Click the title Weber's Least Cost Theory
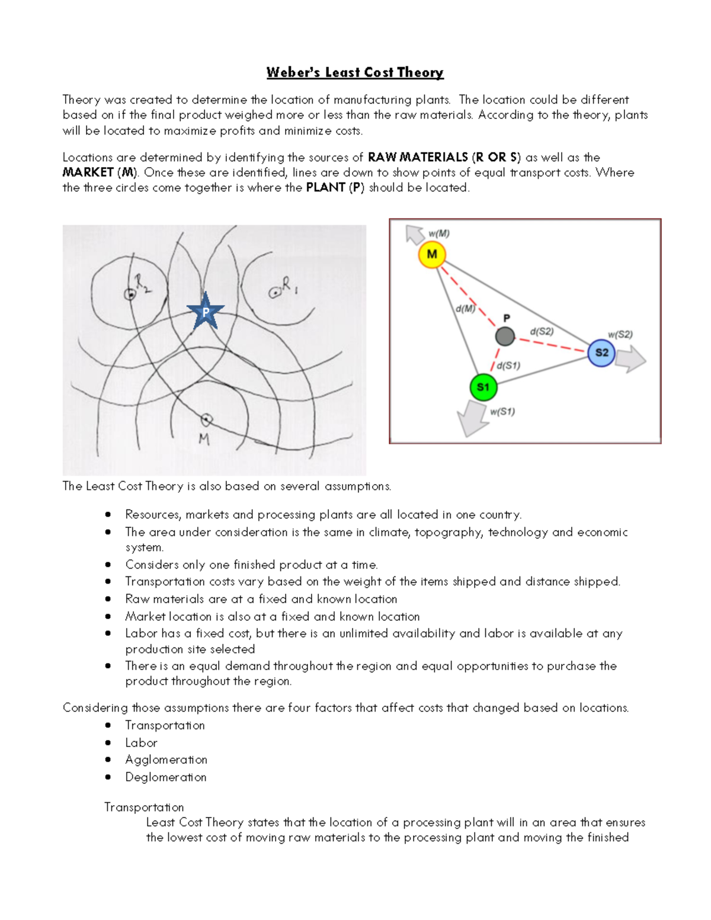pyautogui.click(x=354, y=72)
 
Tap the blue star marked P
pyautogui.click(x=206, y=312)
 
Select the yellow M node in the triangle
pyautogui.click(x=432, y=255)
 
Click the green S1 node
pyautogui.click(x=483, y=387)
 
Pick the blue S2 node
pyautogui.click(x=601, y=352)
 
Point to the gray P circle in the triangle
pyautogui.click(x=505, y=336)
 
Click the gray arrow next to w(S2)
pyautogui.click(x=631, y=358)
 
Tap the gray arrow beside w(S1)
pyautogui.click(x=472, y=418)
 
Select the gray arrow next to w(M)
pyautogui.click(x=414, y=234)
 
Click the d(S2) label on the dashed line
pyautogui.click(x=542, y=331)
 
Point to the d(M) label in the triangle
pyautogui.click(x=465, y=309)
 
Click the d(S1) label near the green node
pyautogui.click(x=508, y=366)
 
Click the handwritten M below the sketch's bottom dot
pyautogui.click(x=204, y=439)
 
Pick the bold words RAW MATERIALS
pyautogui.click(x=418, y=157)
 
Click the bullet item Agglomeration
pyautogui.click(x=166, y=759)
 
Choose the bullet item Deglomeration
pyautogui.click(x=165, y=777)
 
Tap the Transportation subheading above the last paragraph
pyautogui.click(x=144, y=807)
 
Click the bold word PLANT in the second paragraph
pyautogui.click(x=325, y=187)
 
